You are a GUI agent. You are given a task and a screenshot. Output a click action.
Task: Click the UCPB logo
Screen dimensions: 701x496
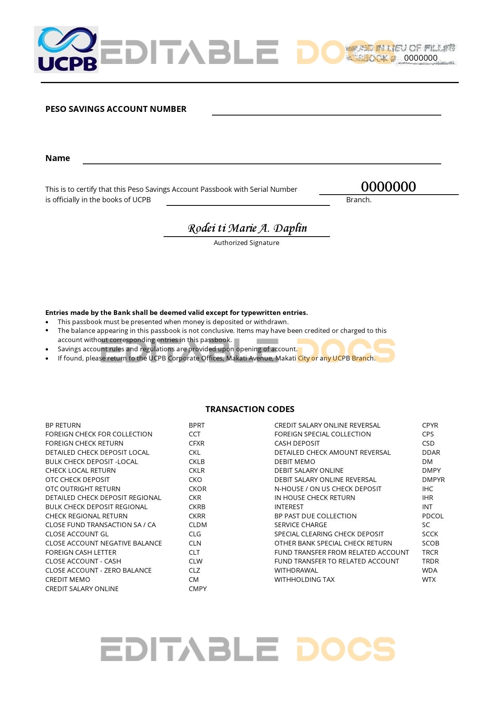(66, 50)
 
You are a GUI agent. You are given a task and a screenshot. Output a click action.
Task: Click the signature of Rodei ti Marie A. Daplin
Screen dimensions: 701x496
(247, 228)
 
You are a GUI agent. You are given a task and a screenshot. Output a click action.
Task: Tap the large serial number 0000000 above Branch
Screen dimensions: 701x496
(388, 187)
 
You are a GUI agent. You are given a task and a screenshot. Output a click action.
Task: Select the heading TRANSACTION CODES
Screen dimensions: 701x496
(250, 409)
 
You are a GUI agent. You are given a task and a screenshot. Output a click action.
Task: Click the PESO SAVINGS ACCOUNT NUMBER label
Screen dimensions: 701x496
(116, 109)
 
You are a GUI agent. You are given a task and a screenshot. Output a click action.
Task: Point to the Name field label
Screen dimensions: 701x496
(58, 158)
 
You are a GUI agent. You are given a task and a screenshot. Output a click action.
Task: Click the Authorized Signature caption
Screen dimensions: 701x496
(246, 243)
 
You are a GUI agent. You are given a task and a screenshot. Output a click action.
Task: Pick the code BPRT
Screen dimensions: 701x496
(196, 425)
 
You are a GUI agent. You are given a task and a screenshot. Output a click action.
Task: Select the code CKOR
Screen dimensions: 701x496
(198, 489)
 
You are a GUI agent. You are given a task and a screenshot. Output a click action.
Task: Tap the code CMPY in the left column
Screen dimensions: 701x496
(198, 589)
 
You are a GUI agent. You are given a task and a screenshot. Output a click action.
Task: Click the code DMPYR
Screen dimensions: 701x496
(433, 480)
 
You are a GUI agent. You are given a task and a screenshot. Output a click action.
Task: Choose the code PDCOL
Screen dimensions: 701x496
(432, 516)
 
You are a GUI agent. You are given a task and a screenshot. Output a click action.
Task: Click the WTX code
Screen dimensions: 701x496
(429, 580)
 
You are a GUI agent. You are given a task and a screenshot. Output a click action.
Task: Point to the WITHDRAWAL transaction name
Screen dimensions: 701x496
(296, 570)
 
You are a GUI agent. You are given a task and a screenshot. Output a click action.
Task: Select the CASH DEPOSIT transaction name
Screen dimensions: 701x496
(297, 443)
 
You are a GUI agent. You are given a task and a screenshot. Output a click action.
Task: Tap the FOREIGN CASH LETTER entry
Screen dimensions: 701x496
(81, 552)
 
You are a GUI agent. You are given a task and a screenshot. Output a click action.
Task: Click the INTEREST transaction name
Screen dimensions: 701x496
(289, 507)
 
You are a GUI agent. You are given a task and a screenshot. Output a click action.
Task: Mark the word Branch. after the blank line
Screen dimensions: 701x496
(358, 200)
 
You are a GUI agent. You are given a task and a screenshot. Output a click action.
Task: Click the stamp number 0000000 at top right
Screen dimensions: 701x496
(420, 58)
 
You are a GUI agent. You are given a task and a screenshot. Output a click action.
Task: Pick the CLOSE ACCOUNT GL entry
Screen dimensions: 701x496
(77, 534)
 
